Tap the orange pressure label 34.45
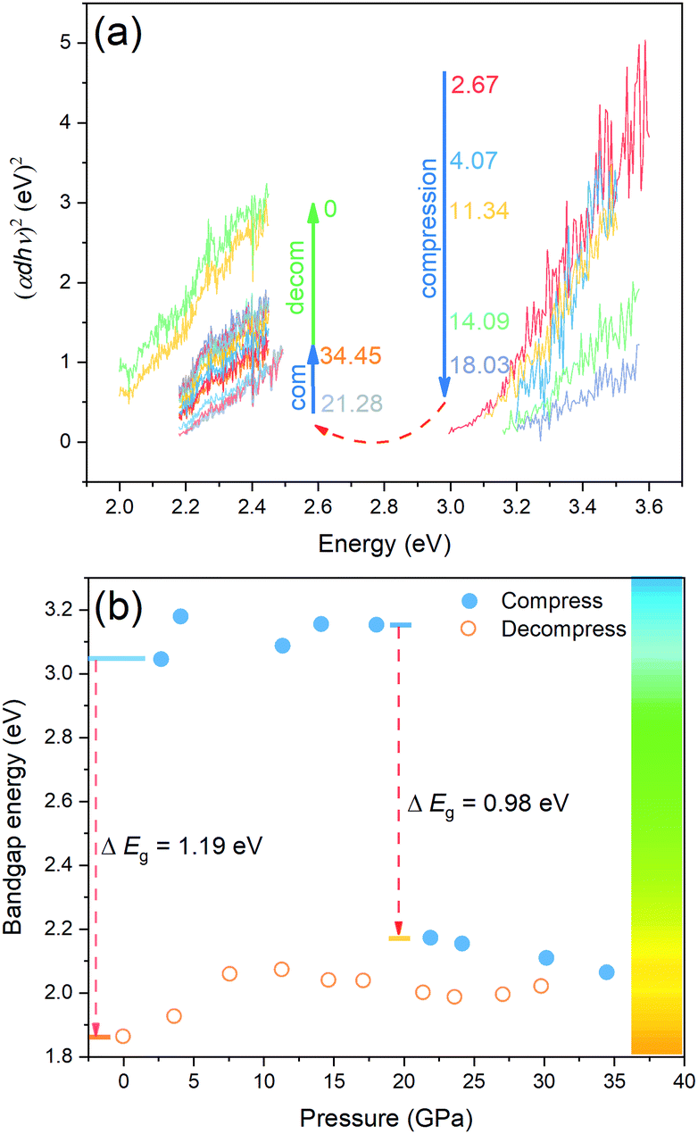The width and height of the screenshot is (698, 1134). [352, 355]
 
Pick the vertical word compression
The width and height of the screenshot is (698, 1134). [429, 227]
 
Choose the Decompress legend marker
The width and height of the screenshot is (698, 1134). [477, 629]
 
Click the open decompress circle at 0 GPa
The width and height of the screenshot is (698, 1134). [124, 1036]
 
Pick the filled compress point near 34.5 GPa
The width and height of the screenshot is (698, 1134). [607, 971]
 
